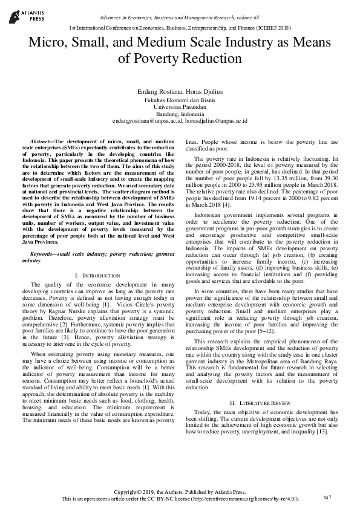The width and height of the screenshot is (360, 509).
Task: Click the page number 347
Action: [x=327, y=497]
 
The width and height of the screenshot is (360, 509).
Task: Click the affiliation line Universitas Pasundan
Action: [x=180, y=106]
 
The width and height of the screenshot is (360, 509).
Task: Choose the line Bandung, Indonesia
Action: [x=180, y=114]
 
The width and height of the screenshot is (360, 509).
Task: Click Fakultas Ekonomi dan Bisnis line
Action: [x=180, y=99]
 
